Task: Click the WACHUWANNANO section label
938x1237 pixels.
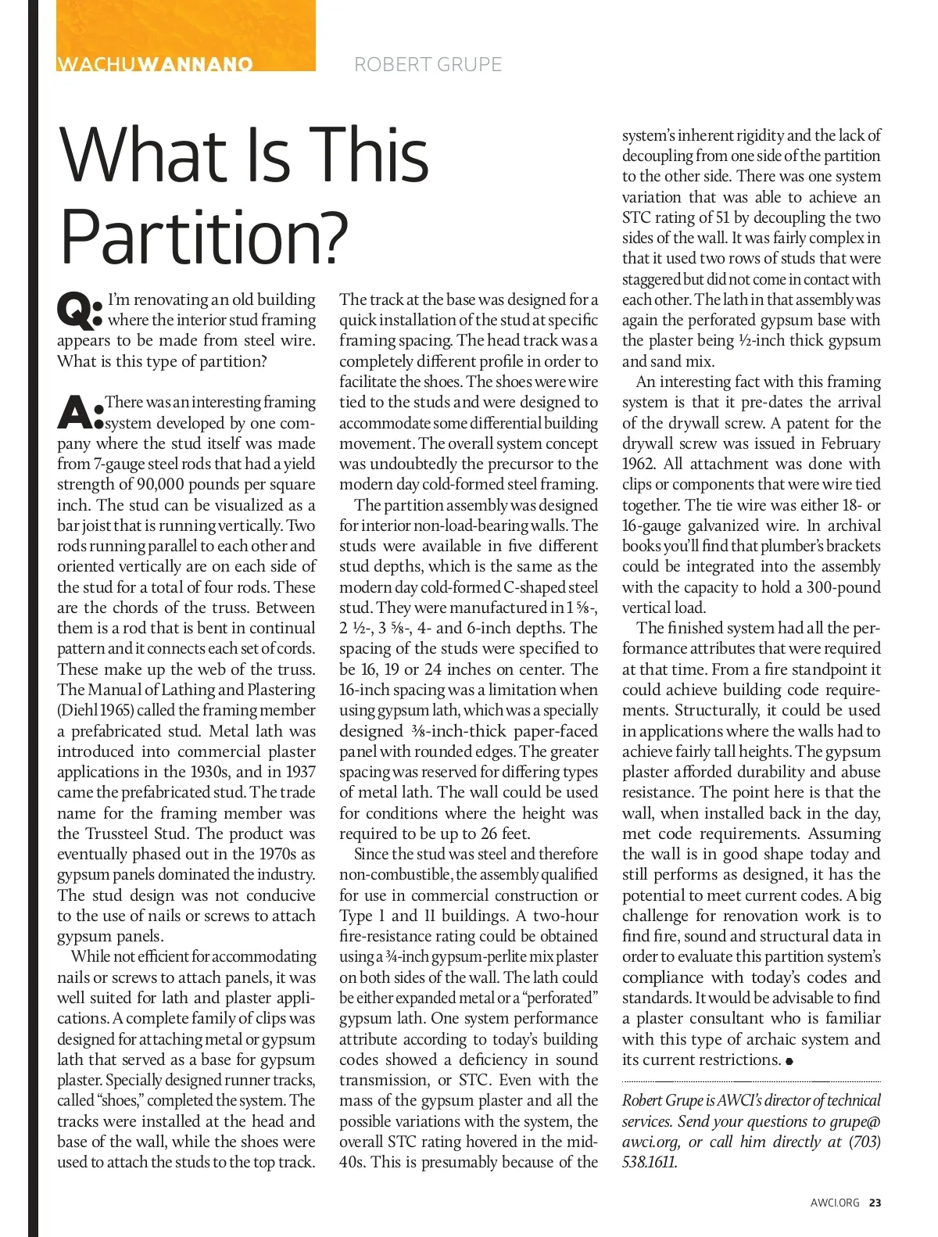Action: pyautogui.click(x=155, y=63)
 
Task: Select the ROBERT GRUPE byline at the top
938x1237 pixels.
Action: pyautogui.click(x=428, y=64)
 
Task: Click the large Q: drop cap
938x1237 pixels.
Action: pyautogui.click(x=79, y=310)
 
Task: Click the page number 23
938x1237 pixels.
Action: pyautogui.click(x=875, y=1203)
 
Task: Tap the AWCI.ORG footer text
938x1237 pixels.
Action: pyautogui.click(x=835, y=1203)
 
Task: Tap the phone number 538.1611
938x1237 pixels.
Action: pyautogui.click(x=650, y=1162)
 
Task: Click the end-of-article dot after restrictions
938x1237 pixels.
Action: pyautogui.click(x=789, y=1061)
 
